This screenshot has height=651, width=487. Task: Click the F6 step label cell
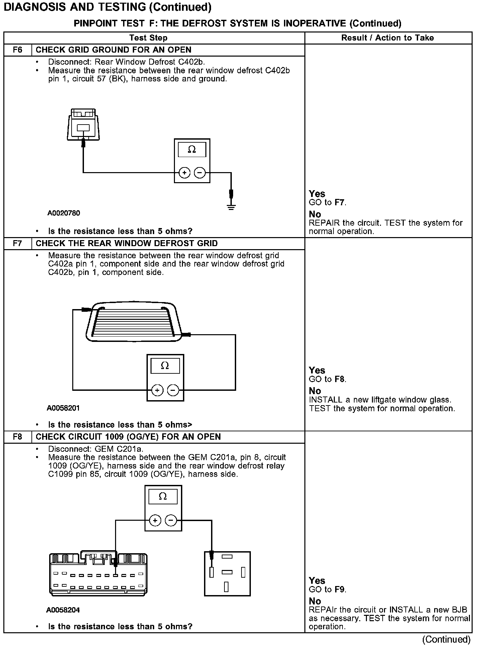(18, 50)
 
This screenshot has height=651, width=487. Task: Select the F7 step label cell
(18, 243)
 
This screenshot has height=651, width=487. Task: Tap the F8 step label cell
(18, 437)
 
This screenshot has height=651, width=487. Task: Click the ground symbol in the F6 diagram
(231, 206)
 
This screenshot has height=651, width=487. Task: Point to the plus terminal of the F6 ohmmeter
(184, 173)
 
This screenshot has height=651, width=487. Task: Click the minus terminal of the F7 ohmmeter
(173, 390)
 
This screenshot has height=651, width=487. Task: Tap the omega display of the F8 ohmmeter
(163, 497)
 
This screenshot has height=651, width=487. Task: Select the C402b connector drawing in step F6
(83, 125)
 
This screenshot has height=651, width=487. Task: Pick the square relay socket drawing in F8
(227, 574)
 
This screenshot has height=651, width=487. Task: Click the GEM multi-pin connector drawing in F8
(98, 574)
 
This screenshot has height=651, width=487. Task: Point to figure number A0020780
(64, 213)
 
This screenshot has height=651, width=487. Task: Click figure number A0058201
(63, 408)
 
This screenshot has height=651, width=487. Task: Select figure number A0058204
(63, 610)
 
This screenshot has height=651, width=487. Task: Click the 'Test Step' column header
(148, 38)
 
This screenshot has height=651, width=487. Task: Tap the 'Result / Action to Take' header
(387, 38)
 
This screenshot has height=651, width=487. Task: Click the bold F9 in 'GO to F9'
(339, 589)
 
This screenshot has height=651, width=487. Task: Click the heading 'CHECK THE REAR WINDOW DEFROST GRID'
(126, 243)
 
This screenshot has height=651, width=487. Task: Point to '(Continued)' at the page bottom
(446, 639)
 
